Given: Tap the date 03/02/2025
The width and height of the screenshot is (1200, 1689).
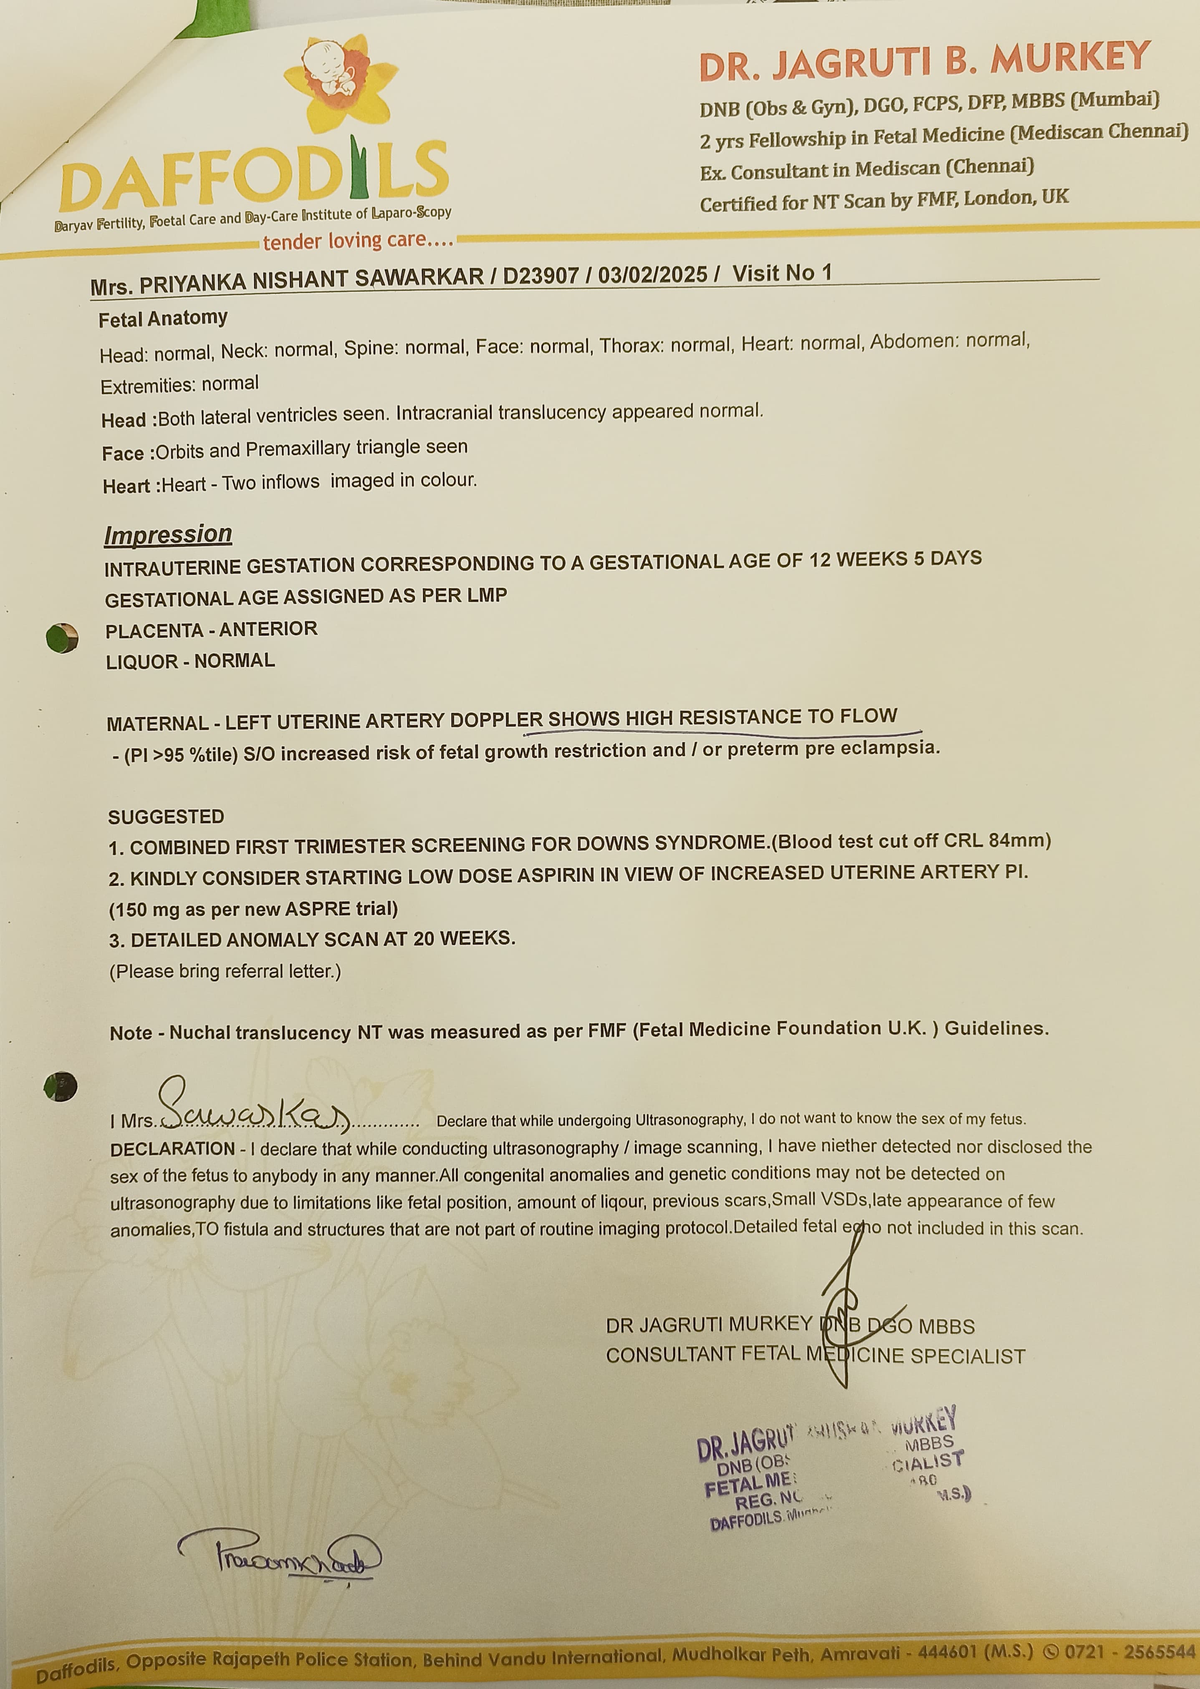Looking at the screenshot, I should [652, 275].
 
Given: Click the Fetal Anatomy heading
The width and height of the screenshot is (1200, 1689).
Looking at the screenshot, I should [162, 318].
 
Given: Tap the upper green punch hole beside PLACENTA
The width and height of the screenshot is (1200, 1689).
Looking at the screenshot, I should [62, 638].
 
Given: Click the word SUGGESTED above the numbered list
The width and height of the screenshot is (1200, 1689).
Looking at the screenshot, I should [166, 817].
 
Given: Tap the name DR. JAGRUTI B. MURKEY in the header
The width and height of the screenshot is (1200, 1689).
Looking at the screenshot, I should [925, 60].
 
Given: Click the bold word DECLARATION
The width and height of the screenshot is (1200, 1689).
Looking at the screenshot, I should [172, 1149].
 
